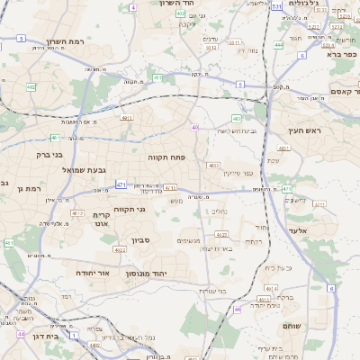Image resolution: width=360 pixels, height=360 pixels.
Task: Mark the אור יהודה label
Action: [x=90, y=271]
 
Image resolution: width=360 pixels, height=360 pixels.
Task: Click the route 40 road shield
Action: [x=194, y=128]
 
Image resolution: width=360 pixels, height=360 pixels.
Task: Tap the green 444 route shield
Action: [x=279, y=44]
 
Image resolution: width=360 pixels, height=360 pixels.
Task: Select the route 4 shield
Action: [x=134, y=7]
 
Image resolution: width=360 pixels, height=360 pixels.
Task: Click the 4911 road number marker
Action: [x=127, y=117]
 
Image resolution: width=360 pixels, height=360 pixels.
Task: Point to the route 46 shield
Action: [x=238, y=309]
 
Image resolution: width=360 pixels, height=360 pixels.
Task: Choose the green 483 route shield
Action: [x=236, y=119]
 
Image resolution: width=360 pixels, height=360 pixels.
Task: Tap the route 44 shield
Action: [x=20, y=334]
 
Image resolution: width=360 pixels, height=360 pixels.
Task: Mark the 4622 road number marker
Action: [x=120, y=249]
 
